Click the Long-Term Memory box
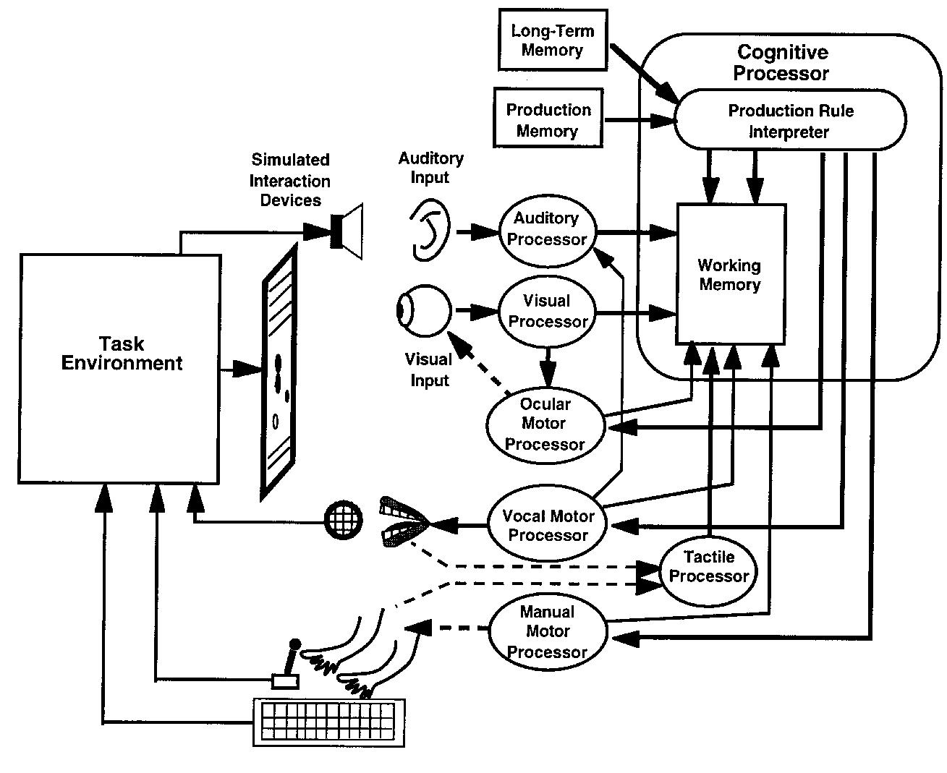pos(552,40)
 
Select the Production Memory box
pos(548,119)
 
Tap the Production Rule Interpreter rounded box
pos(789,121)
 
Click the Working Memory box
pos(730,275)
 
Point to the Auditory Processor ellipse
pos(546,229)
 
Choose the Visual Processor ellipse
pos(546,311)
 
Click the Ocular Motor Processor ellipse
pos(545,424)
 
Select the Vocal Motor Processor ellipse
pos(548,526)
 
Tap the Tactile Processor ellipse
pos(708,567)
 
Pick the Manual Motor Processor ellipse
pos(547,631)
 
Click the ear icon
pos(428,230)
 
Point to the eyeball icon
pos(422,311)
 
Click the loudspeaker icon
pos(347,231)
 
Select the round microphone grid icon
pos(342,518)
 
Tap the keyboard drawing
pos(329,722)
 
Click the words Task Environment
pos(121,354)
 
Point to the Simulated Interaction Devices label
pos(290,180)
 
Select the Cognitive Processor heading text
pos(781,62)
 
